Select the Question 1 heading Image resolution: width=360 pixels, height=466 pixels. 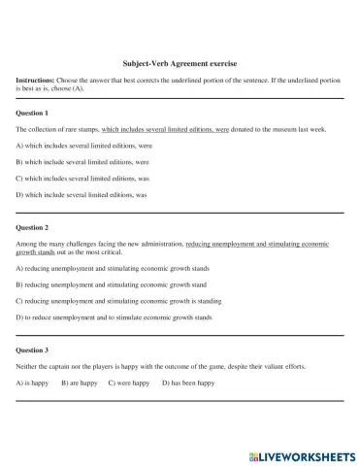click(x=37, y=112)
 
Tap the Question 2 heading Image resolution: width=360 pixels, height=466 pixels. click(x=37, y=226)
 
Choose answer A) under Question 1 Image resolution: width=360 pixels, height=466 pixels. click(x=82, y=145)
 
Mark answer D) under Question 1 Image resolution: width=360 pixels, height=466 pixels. click(x=81, y=195)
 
